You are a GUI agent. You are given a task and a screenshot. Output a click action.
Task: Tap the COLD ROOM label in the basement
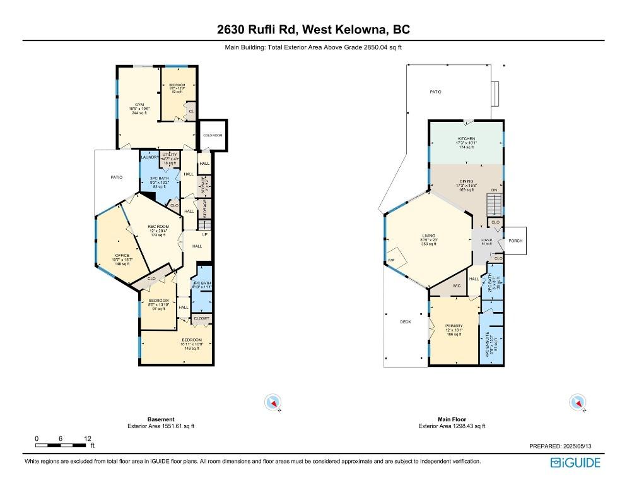coord(213,135)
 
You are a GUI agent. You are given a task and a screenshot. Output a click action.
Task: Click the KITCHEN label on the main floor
coord(466,138)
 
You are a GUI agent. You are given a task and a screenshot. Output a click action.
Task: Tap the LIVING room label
coord(428,237)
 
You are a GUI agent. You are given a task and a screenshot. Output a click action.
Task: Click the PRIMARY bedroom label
coord(454,326)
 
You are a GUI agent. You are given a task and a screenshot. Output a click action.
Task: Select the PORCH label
coord(515,241)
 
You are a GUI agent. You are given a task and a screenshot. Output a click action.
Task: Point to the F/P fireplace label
coord(390,260)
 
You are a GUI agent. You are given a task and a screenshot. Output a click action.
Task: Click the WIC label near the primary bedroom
coord(456,286)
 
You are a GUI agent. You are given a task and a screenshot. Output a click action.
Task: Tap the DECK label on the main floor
coord(406,322)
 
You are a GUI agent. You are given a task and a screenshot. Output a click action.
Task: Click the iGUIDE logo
coord(575,463)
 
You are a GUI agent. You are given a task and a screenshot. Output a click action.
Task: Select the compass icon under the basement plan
coord(274,402)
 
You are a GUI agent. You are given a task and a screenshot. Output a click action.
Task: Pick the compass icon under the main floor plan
coord(576,402)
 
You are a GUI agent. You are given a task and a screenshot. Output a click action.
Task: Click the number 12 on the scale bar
coord(88,438)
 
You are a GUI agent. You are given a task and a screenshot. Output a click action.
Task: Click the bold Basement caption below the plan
coord(161,419)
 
